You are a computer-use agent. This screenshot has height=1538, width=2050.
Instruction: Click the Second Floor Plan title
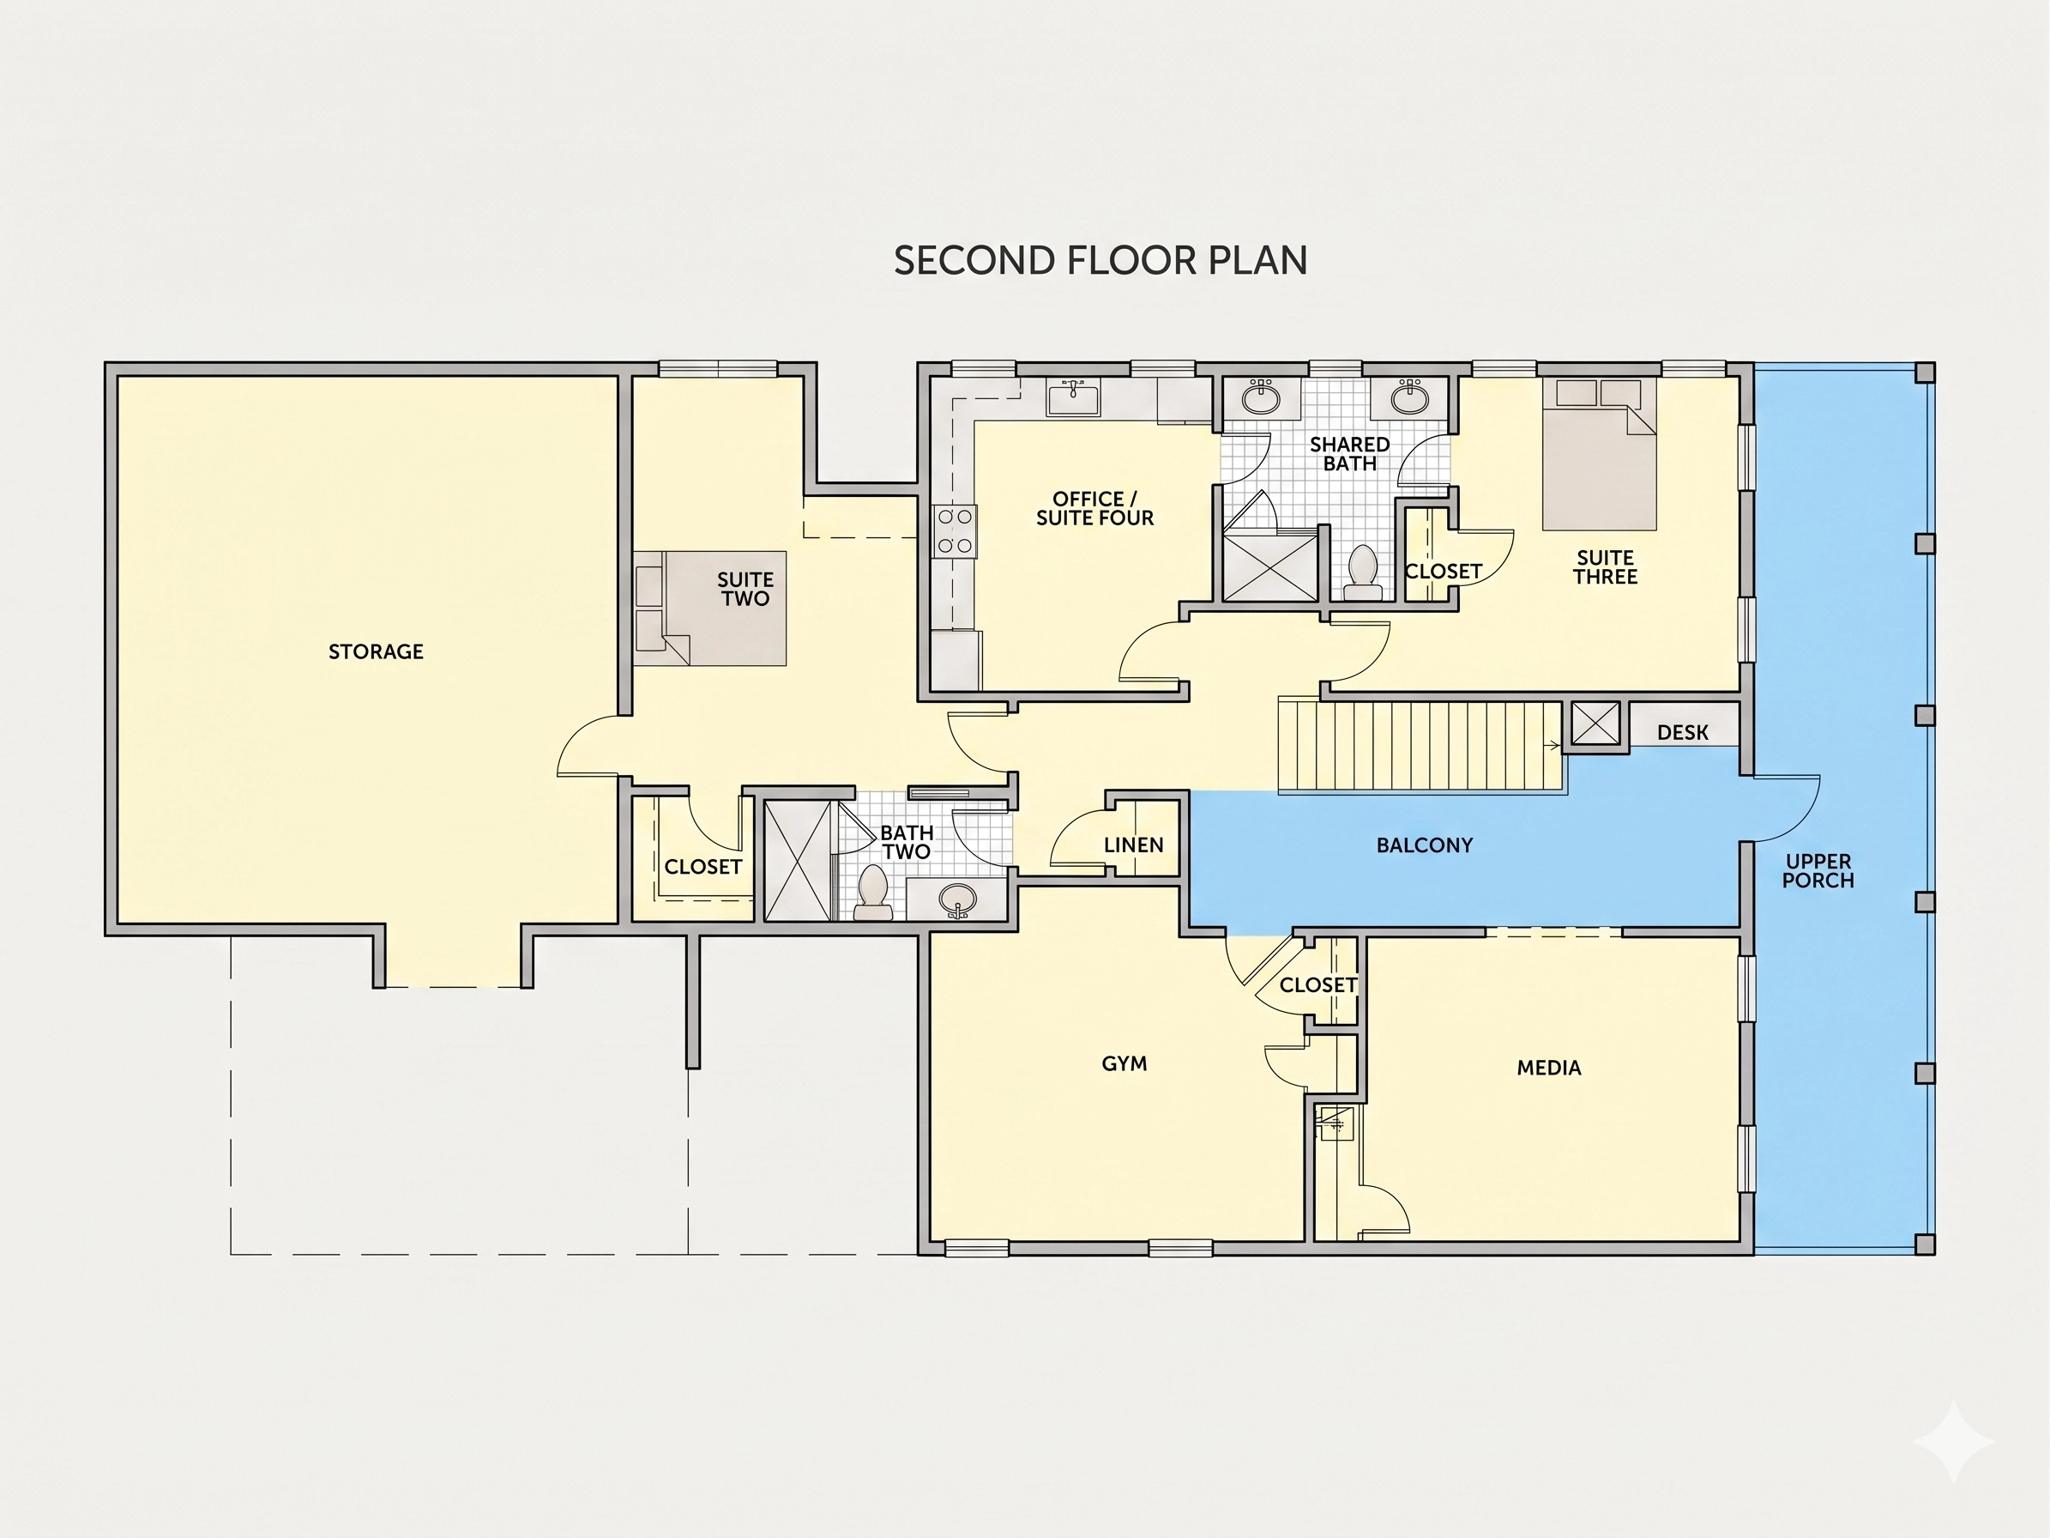point(1100,261)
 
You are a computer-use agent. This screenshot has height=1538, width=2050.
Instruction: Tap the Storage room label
point(377,651)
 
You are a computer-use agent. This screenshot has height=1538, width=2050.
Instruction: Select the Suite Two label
point(746,590)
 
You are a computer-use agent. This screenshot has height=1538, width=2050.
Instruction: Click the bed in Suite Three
point(1599,453)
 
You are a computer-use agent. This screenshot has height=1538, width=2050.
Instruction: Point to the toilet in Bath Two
point(872,892)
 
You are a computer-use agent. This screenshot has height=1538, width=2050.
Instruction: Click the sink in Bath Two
point(957,899)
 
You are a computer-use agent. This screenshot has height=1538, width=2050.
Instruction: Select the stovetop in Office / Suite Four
point(955,530)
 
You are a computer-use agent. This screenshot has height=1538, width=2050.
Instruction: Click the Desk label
point(1682,732)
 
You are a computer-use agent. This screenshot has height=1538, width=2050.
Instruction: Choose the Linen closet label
point(1133,845)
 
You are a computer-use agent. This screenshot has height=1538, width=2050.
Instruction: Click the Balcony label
point(1425,845)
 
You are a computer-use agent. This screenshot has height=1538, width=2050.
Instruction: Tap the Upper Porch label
point(1818,871)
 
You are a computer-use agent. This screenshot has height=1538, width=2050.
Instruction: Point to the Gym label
point(1124,1063)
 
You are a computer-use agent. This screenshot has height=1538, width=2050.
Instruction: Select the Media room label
point(1548,1068)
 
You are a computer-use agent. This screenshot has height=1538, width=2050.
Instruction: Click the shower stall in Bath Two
point(798,860)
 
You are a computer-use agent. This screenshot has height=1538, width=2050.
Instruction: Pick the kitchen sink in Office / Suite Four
point(1073,397)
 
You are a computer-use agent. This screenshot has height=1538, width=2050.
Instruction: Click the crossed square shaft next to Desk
point(1595,724)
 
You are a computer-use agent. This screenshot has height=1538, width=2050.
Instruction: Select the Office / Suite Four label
point(1094,509)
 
